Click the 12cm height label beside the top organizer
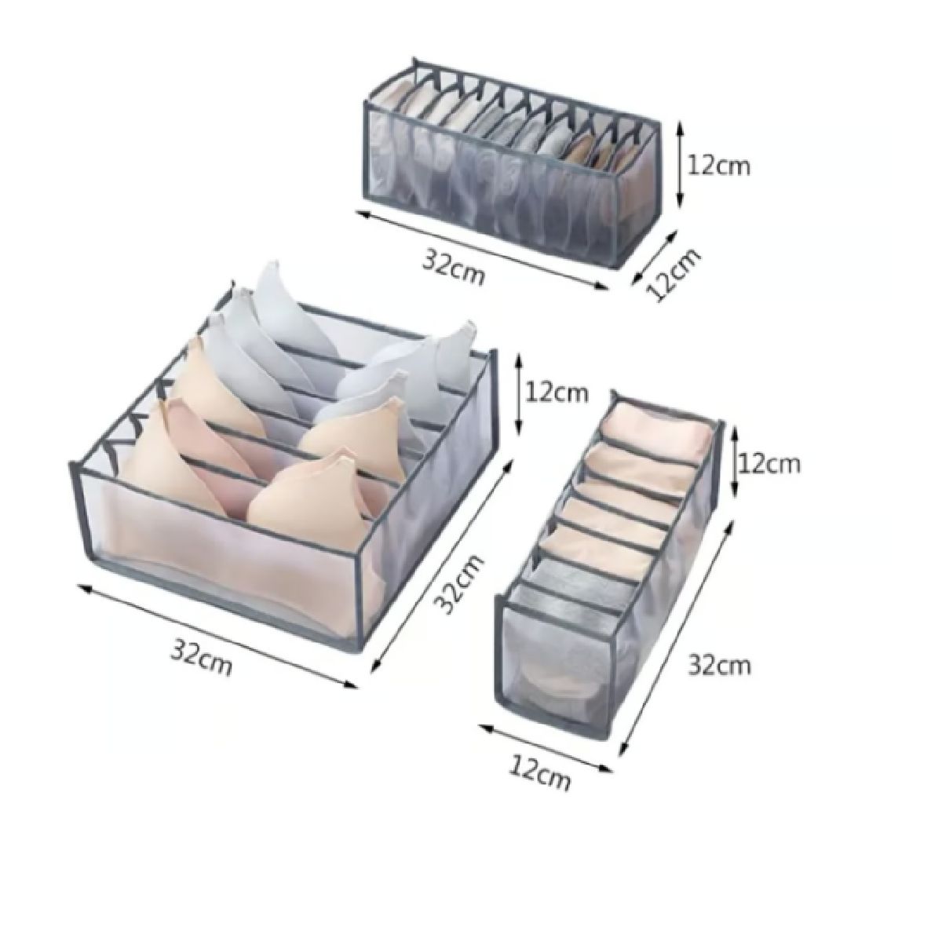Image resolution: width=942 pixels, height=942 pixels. [x=718, y=166]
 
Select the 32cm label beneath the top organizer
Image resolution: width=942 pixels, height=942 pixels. [x=453, y=268]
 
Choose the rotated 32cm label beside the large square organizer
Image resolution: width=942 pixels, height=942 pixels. [x=459, y=591]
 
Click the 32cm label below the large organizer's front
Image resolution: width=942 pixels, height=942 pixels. [x=201, y=657]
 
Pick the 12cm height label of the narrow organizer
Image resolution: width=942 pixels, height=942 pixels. [x=769, y=464]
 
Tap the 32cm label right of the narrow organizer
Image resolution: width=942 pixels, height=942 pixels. [x=719, y=666]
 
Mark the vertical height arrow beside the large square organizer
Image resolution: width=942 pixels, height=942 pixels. [x=520, y=395]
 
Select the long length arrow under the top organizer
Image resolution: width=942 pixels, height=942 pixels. [x=481, y=250]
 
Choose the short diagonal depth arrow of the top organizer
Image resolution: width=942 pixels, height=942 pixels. [x=655, y=257]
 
